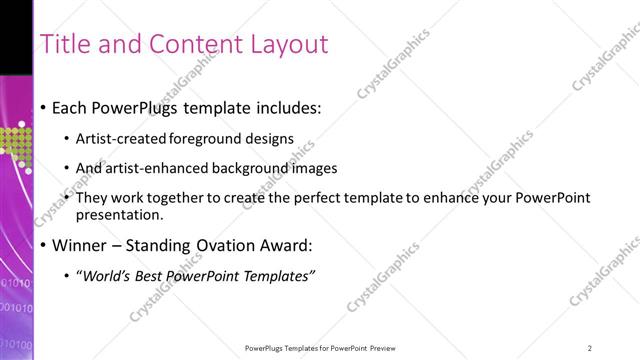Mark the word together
(173, 198)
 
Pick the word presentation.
(126, 215)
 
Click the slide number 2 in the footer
(589, 348)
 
